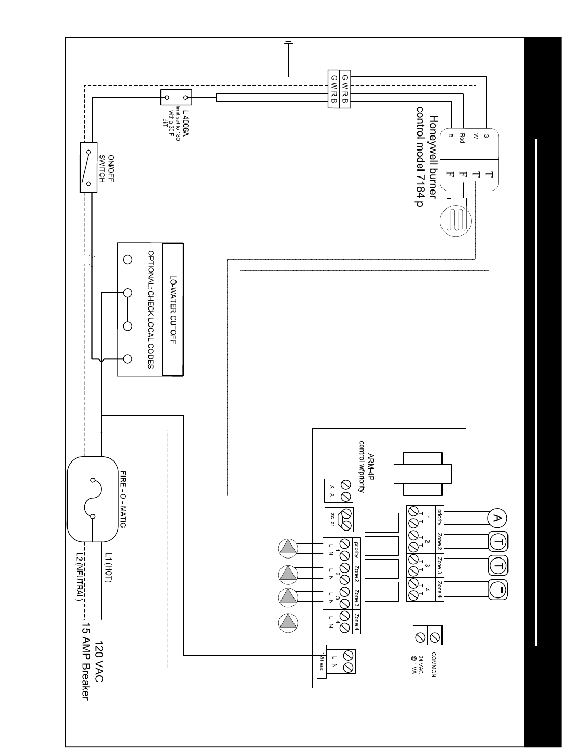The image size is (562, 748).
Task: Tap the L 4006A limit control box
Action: (177, 97)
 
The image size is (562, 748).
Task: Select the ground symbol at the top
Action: (288, 42)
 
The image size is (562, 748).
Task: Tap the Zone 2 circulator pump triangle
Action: (287, 573)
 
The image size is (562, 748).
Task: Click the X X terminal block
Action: (339, 491)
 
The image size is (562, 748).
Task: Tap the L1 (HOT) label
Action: (108, 567)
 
